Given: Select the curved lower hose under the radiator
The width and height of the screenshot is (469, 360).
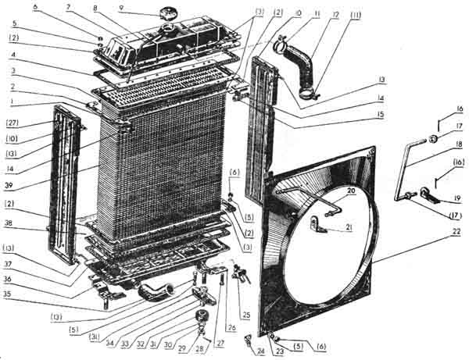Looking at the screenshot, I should click(x=152, y=293).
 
